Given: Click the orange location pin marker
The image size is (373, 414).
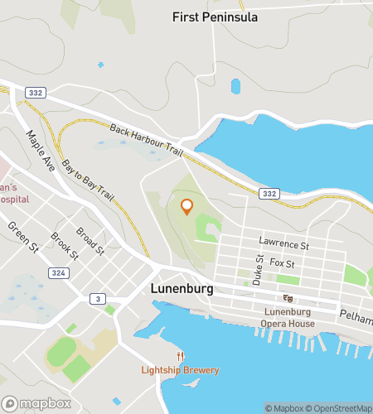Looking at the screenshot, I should (186, 206).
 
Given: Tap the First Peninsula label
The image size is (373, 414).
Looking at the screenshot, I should (215, 17).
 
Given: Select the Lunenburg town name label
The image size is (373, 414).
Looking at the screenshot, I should (182, 289).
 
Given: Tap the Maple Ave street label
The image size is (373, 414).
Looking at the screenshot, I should (40, 150).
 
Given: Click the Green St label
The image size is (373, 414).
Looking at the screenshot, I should (22, 236).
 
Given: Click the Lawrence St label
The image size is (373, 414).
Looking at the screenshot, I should (283, 245).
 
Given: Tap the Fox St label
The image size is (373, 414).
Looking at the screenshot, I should (282, 263).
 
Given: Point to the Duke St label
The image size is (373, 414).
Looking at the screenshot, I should (259, 271).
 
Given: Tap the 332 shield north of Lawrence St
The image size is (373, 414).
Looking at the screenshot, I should (268, 193).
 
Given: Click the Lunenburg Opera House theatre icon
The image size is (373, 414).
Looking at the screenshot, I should (288, 298).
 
